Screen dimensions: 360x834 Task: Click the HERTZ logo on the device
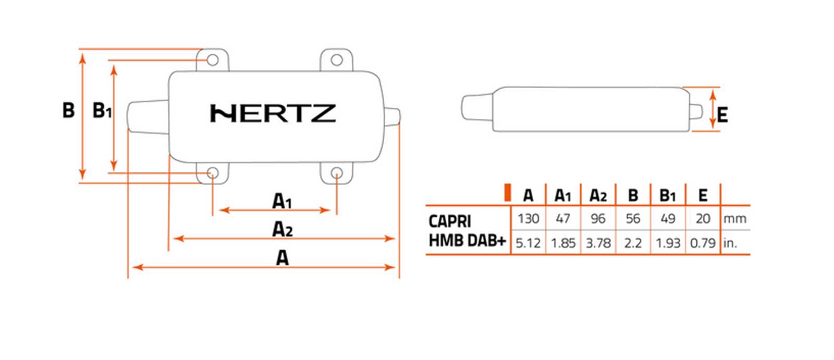[x=273, y=114]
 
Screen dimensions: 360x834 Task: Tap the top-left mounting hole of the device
[x=212, y=60]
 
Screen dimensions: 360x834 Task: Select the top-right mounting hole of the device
[x=337, y=60]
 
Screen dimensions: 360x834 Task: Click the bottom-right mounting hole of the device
[x=337, y=173]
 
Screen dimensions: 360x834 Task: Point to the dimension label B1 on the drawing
[x=102, y=111]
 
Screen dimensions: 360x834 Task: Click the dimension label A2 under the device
[x=282, y=229]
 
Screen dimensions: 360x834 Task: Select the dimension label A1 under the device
[x=282, y=201]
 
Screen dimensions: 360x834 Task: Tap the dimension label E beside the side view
[x=722, y=115]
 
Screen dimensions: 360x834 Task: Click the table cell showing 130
[x=528, y=218]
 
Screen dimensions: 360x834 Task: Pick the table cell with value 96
[x=598, y=218]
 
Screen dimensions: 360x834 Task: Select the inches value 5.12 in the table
[x=528, y=243]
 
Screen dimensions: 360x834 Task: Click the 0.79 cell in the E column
[x=703, y=243]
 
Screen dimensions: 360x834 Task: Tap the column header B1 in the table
[x=668, y=195]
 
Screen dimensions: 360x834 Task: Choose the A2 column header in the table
[x=598, y=195]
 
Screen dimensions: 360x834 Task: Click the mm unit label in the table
[x=735, y=219]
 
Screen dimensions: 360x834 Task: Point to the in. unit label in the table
[x=730, y=243]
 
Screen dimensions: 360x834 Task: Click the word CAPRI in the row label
[x=450, y=221]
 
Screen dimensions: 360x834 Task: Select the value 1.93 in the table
[x=668, y=243]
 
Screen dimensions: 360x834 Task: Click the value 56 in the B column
[x=633, y=218]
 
